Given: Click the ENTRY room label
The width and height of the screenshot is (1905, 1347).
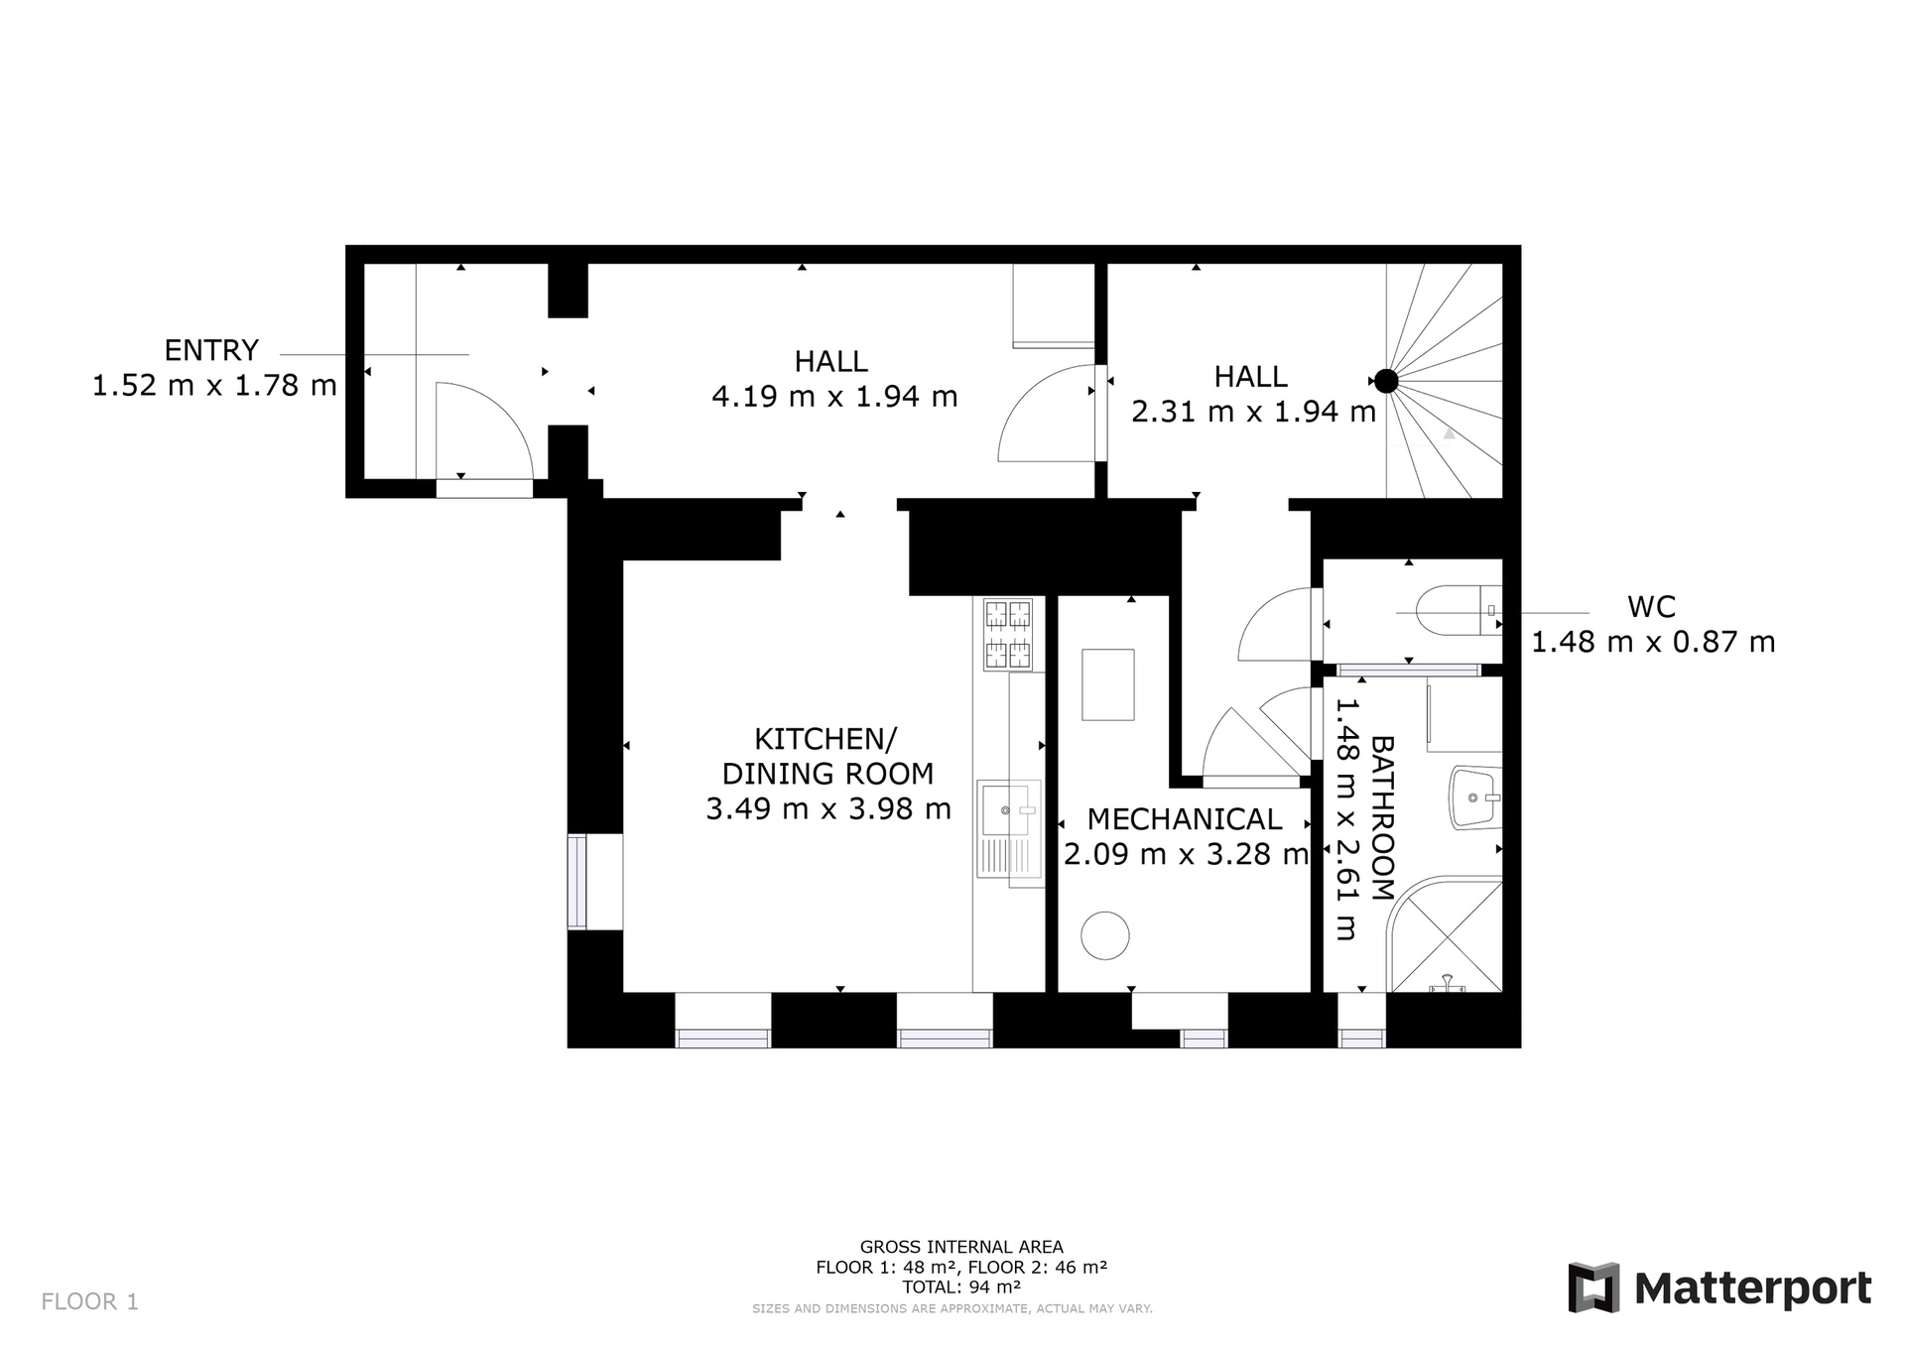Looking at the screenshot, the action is (x=211, y=350).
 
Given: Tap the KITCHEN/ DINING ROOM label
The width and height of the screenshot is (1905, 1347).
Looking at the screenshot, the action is (x=827, y=756).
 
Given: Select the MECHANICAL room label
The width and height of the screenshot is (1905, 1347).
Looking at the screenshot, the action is (x=1185, y=819).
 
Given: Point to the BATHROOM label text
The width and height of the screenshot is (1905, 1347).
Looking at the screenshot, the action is (x=1382, y=818).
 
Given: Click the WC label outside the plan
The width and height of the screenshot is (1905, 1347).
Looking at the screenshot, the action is (x=1652, y=606).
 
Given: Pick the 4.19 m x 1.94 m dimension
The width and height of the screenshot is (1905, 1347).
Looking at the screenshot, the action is (x=834, y=397).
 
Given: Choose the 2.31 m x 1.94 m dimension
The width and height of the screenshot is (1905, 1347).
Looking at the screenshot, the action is (x=1254, y=412).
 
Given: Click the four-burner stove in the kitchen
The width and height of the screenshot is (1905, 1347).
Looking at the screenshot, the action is (x=1008, y=635).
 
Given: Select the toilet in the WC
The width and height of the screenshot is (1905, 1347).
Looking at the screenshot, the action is (x=1460, y=610).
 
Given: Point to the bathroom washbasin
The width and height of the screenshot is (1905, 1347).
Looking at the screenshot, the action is (x=1475, y=796).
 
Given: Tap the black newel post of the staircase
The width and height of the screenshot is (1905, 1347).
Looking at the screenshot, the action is (x=1386, y=381).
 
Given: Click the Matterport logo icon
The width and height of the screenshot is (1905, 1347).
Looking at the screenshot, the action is (x=1593, y=1287).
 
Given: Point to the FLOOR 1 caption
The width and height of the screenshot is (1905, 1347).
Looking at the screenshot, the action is (x=90, y=1301).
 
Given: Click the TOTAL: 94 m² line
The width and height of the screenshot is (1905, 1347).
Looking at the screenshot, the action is (x=961, y=1287).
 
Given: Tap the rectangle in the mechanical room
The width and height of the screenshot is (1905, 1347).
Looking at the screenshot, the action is (x=1107, y=684).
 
